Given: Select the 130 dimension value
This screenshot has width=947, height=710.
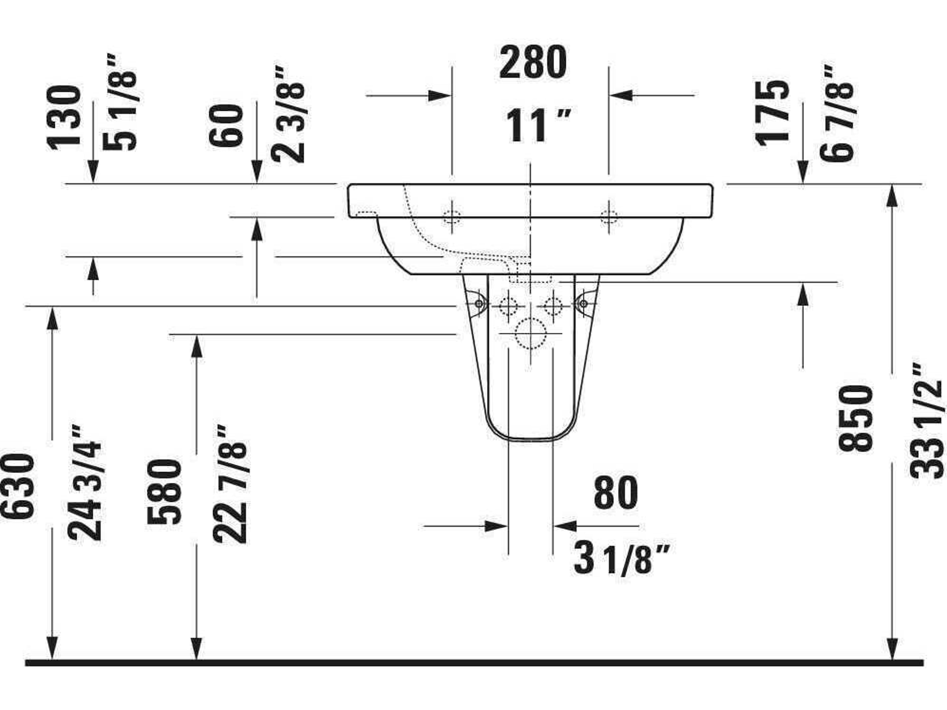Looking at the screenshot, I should (64, 118).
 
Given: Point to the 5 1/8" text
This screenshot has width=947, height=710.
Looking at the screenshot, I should (120, 103).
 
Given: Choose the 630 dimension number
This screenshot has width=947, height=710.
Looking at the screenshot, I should (17, 487).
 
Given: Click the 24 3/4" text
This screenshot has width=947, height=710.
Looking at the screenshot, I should (85, 484).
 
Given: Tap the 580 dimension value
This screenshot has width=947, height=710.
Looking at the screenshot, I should (164, 492).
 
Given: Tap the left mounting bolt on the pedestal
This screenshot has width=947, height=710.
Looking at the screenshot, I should (479, 304).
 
